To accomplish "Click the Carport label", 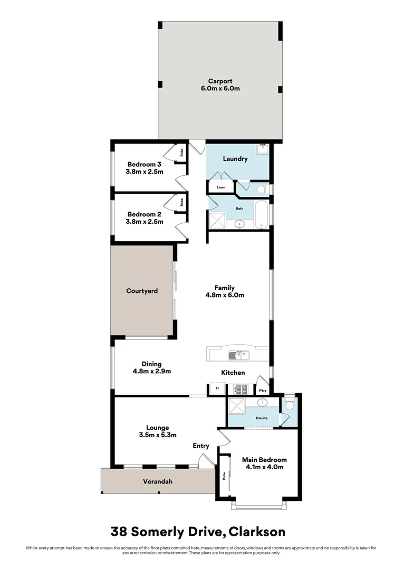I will click(x=220, y=81).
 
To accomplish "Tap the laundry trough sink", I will click(x=263, y=148).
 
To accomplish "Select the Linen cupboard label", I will click(x=220, y=187).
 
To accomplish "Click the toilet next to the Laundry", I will click(x=260, y=188).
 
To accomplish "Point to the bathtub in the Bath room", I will click(x=261, y=214).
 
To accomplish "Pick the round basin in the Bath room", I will click(x=240, y=224).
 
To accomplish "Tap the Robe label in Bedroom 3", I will click(x=182, y=153).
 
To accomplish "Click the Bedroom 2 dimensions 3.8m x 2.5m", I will click(x=145, y=222).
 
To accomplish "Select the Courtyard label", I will click(x=141, y=291).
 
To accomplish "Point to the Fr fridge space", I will click(x=217, y=388).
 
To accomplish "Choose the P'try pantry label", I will click(x=262, y=391).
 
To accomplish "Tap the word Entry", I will click(x=200, y=446).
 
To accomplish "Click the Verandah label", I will click(x=158, y=481).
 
